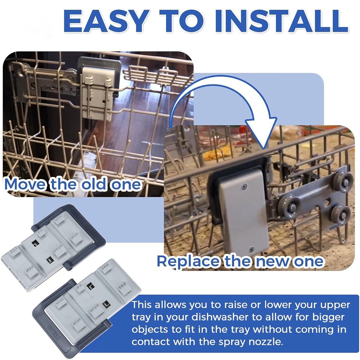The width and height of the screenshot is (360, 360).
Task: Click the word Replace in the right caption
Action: point(188,261)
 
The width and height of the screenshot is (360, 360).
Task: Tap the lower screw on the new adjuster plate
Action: point(252,249)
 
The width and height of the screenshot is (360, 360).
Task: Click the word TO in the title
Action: point(181,21)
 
